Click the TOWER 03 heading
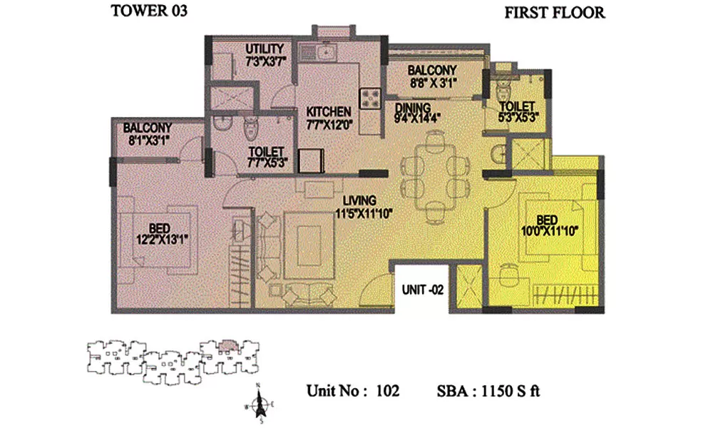click(x=149, y=11)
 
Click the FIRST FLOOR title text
click(x=554, y=12)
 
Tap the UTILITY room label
click(x=265, y=49)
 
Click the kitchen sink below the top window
click(x=325, y=51)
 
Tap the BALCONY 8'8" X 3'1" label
click(x=431, y=76)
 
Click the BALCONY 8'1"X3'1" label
click(x=148, y=133)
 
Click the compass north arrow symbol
click(x=260, y=403)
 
